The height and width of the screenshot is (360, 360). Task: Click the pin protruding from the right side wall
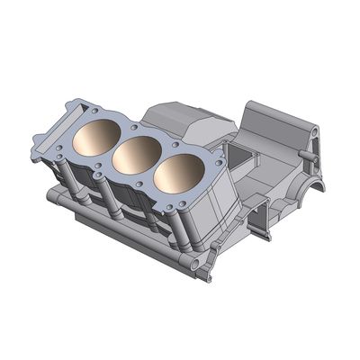[311, 155]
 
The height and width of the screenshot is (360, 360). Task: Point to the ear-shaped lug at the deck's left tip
[40, 144]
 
